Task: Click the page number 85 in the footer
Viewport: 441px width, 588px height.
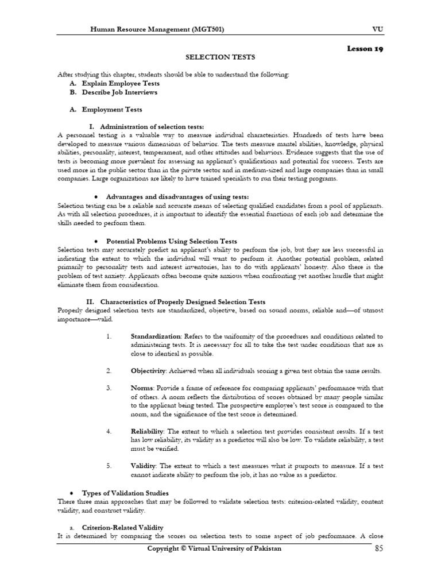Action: tap(377, 548)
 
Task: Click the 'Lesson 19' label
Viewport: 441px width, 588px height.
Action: tap(365, 49)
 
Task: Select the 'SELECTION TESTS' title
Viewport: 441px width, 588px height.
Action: tap(220, 57)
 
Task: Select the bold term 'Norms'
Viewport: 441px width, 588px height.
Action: tap(141, 388)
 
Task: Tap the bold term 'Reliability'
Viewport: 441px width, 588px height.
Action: tap(147, 431)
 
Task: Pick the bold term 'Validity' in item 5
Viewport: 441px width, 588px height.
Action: tap(143, 466)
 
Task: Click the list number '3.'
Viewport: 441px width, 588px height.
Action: tap(109, 388)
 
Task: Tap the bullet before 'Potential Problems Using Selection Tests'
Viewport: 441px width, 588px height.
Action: tap(94, 241)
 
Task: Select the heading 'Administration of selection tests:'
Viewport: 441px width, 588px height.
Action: tap(152, 126)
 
